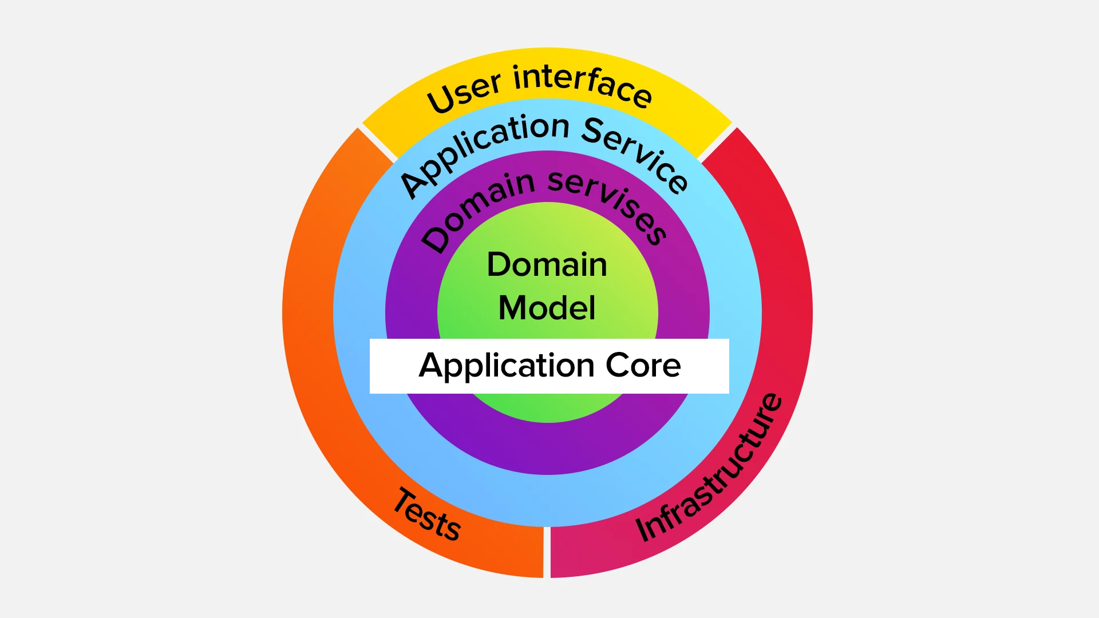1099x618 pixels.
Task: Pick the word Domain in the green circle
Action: [547, 264]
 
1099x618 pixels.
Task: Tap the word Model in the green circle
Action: [547, 308]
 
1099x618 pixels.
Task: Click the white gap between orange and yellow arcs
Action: [378, 143]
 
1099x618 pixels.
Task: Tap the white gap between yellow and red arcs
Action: [716, 143]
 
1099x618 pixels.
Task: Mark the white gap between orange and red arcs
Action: [547, 552]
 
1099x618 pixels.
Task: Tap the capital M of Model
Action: [512, 308]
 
